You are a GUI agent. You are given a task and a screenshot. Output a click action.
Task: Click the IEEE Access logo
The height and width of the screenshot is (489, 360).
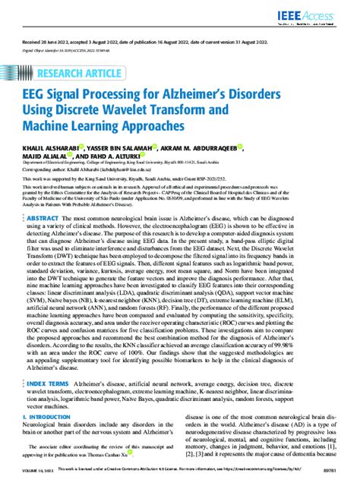point(322,16)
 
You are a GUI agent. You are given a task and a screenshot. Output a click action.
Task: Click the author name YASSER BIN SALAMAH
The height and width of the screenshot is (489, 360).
point(124,150)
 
